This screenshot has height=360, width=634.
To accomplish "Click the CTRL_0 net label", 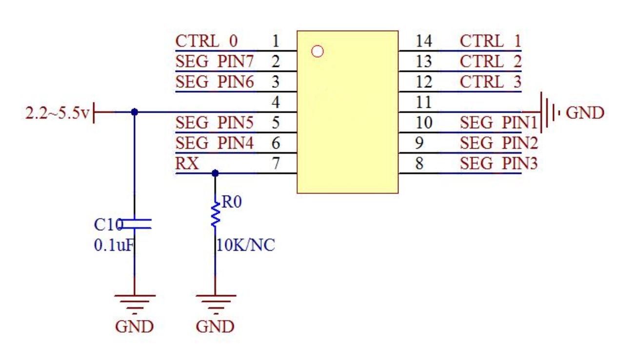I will point(207,41).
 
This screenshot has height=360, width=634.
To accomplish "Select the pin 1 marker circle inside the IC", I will point(317,51).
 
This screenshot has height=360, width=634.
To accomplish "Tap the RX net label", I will point(187,164).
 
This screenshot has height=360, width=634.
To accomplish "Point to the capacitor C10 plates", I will point(135,224).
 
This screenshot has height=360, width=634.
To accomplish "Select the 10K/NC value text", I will point(245,245).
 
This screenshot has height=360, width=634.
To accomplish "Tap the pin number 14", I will point(424,41).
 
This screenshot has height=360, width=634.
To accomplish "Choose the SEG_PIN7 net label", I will point(215,62).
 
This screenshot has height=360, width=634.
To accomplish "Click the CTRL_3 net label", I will point(490,82).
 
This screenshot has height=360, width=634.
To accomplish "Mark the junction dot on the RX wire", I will point(215,173).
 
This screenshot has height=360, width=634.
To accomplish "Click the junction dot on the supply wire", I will point(135,112).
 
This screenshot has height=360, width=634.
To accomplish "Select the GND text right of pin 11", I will point(585,113).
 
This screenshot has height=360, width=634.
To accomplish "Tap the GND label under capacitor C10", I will point(134,327).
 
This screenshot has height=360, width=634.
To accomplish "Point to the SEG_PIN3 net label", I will point(498,164).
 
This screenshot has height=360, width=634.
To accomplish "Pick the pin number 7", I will point(276,164).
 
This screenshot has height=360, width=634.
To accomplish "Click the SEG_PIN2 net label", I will point(498,143).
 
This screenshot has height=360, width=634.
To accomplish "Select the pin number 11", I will point(424,102).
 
